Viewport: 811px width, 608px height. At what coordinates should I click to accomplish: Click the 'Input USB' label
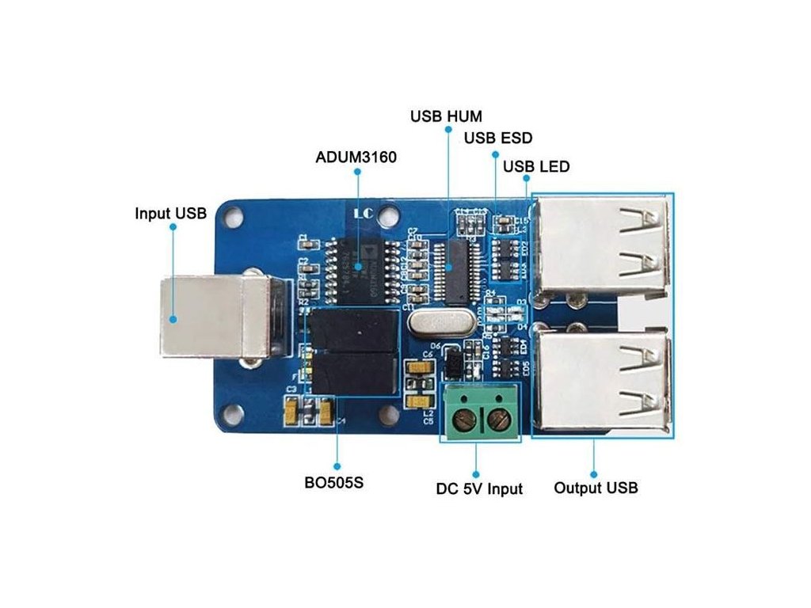(170, 213)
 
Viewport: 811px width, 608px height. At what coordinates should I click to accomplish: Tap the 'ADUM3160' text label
(356, 158)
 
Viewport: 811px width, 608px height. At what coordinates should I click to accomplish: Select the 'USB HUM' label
(447, 116)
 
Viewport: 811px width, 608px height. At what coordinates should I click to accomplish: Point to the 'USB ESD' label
(498, 139)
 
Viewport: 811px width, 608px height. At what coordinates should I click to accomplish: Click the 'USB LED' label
(536, 167)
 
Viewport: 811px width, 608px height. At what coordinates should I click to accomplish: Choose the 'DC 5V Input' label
(479, 489)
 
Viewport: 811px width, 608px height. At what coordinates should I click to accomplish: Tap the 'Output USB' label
(596, 488)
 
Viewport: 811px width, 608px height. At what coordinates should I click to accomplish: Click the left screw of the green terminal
(461, 417)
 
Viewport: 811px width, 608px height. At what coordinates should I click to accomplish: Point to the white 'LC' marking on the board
(363, 213)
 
